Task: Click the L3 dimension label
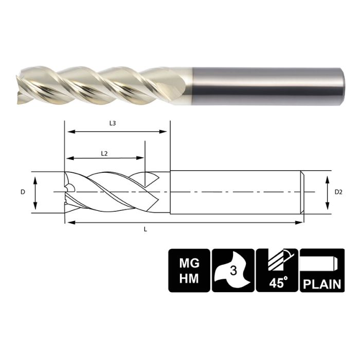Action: click(x=113, y=123)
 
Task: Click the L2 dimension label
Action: click(x=104, y=153)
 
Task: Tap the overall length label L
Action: click(x=146, y=229)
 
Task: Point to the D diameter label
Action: click(x=23, y=192)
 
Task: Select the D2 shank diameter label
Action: click(x=338, y=192)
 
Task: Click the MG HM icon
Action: click(x=188, y=271)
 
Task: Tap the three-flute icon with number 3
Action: click(x=232, y=271)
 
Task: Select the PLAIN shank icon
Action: click(x=321, y=271)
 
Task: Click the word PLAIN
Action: click(x=321, y=283)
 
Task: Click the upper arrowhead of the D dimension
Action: click(x=35, y=178)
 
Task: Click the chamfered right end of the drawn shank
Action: click(x=303, y=191)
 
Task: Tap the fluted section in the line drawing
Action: click(x=113, y=192)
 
